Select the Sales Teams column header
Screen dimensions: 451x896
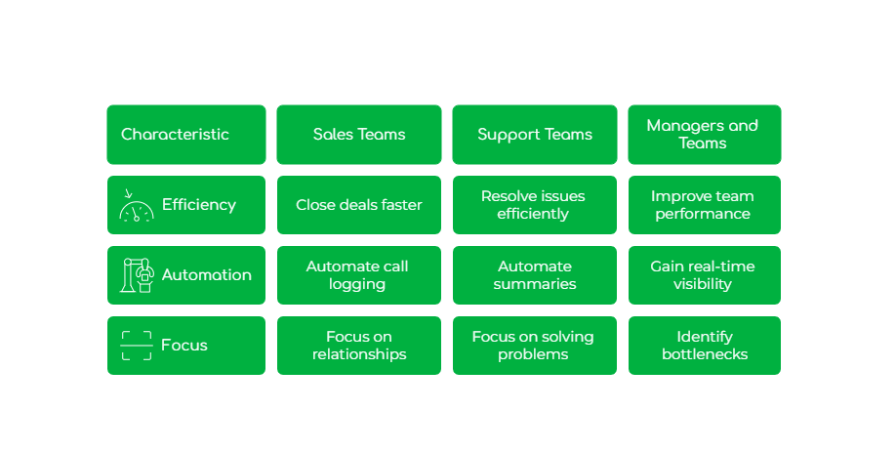358,135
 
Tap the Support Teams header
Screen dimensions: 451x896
534,135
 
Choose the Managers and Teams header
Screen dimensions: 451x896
703,135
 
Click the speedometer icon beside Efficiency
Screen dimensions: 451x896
137,205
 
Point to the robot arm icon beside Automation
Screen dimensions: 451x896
137,275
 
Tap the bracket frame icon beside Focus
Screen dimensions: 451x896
137,346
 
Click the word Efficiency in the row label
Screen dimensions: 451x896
199,205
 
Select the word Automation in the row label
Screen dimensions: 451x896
206,275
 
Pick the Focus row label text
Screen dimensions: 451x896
184,346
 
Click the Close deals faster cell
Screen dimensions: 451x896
358,205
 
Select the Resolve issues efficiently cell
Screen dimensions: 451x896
534,205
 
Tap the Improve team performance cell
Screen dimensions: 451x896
703,205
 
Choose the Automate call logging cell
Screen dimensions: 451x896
358,275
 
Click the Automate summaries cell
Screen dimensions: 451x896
534,275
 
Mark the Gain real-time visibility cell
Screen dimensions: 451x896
703,275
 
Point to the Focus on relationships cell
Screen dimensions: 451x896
358,346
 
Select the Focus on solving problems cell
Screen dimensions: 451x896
534,346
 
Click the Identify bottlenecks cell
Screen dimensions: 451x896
703,346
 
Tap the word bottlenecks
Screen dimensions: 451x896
704,354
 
